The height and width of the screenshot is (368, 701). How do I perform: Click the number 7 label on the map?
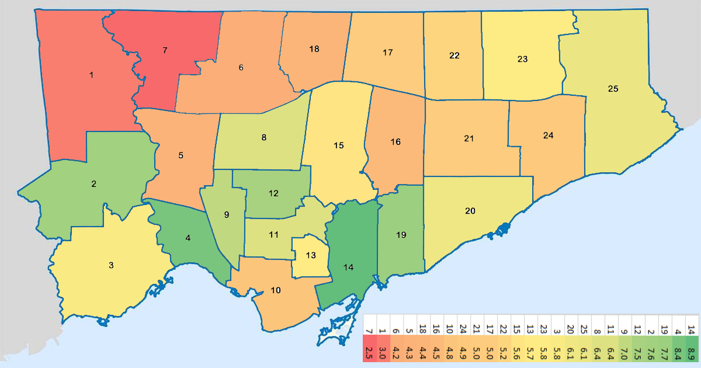[165, 51]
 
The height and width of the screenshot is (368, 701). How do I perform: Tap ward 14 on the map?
[349, 268]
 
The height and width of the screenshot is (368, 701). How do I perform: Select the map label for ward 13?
[311, 255]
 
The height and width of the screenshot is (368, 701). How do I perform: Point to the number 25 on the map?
[613, 89]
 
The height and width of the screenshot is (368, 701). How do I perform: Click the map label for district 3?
[111, 265]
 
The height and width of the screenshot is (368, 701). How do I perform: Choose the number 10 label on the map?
[276, 290]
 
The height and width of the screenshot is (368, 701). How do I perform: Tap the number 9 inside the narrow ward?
[227, 214]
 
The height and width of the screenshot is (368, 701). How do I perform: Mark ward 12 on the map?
[273, 193]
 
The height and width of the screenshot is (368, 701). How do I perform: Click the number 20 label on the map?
[470, 211]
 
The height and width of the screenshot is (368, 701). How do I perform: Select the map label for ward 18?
[314, 49]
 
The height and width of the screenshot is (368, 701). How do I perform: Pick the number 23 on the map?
[522, 59]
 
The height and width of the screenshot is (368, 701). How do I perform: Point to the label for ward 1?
[91, 75]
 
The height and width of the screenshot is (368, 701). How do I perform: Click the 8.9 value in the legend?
[691, 353]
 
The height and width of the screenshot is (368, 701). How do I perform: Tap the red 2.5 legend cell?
[369, 353]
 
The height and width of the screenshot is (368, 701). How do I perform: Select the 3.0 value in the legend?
[383, 353]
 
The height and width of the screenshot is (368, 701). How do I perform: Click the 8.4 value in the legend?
[678, 353]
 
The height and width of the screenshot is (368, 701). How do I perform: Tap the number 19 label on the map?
[401, 235]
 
